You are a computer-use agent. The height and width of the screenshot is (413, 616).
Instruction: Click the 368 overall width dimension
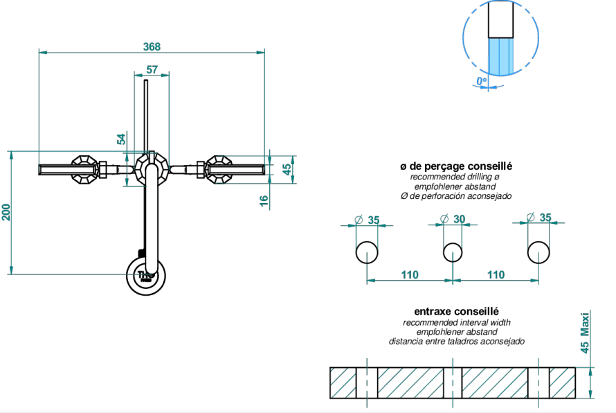[x=152, y=46]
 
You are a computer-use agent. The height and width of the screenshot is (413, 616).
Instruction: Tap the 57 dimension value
[x=152, y=69]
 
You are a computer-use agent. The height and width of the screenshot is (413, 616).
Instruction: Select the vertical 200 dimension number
[x=6, y=213]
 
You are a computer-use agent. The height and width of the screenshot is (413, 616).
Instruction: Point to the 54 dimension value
[x=121, y=139]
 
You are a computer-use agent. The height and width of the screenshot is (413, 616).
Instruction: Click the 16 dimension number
[x=264, y=200]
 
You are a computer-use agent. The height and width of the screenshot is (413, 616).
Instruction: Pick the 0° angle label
[x=482, y=81]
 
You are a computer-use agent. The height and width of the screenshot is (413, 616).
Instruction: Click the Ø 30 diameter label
[x=452, y=219]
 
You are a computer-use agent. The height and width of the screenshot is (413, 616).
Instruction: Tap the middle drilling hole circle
[x=453, y=252]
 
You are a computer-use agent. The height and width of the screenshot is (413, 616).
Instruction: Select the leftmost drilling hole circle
[x=367, y=252]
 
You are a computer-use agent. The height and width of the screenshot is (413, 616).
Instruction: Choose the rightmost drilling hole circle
[x=538, y=252]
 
